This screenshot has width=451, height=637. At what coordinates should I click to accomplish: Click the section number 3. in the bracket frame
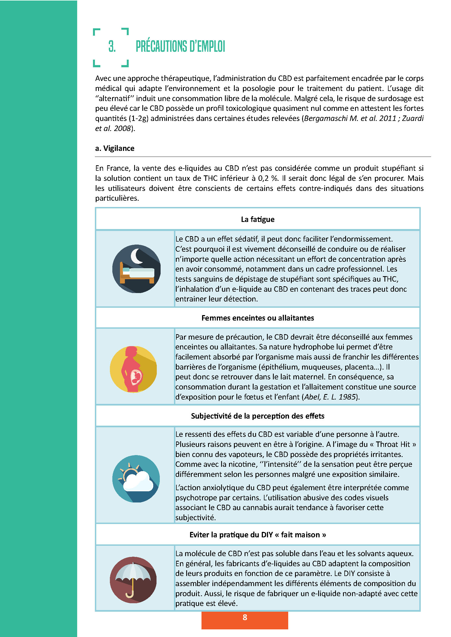click(112, 46)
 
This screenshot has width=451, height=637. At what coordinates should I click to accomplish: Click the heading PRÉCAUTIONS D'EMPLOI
click(180, 46)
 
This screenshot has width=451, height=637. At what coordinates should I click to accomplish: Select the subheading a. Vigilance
click(115, 148)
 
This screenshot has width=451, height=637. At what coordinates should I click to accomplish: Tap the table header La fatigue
click(257, 220)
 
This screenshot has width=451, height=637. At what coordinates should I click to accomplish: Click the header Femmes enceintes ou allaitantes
click(257, 318)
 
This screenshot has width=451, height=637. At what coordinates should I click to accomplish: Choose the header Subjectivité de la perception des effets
click(257, 416)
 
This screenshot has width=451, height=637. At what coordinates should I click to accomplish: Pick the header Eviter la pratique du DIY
click(257, 535)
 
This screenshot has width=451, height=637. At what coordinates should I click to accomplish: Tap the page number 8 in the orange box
click(245, 617)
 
